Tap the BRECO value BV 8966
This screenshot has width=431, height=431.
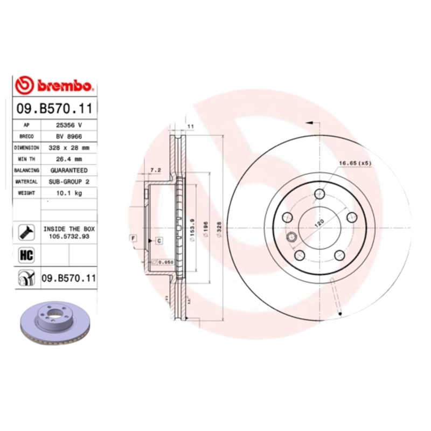pyautogui.click(x=69, y=136)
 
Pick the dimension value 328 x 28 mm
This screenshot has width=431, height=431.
pyautogui.click(x=69, y=148)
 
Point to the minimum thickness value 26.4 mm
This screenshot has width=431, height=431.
pyautogui.click(x=69, y=159)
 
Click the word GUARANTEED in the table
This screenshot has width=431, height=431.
pyautogui.click(x=69, y=170)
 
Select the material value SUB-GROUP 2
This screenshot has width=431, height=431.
pyautogui.click(x=69, y=182)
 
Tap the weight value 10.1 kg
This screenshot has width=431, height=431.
pyautogui.click(x=69, y=193)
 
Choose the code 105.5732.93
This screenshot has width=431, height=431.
pyautogui.click(x=69, y=235)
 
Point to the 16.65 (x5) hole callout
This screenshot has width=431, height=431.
pyautogui.click(x=355, y=163)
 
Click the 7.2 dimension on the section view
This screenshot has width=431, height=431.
pyautogui.click(x=155, y=170)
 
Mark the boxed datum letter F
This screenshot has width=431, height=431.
pyautogui.click(x=132, y=238)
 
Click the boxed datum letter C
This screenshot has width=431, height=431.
pyautogui.click(x=159, y=241)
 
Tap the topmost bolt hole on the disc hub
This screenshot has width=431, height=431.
pyautogui.click(x=322, y=193)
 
